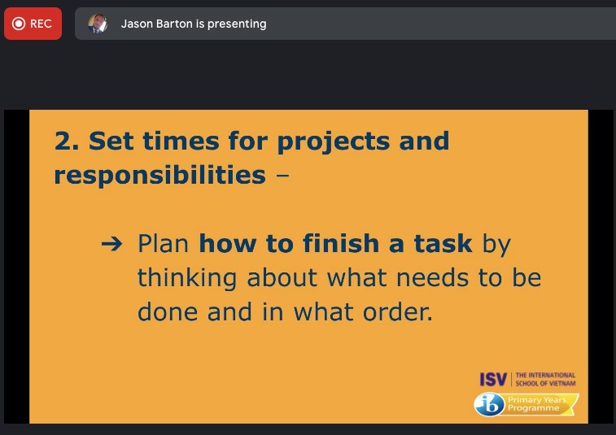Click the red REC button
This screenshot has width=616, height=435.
33,24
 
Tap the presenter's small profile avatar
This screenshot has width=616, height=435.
98,24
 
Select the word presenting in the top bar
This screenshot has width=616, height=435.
237,24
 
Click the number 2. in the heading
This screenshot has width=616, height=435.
67,141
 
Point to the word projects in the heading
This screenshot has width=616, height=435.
334,142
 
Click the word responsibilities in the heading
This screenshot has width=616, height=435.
159,176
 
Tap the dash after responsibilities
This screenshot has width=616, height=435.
282,176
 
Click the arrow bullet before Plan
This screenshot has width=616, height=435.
112,244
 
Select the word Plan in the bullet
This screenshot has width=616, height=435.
163,243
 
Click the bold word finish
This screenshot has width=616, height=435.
341,243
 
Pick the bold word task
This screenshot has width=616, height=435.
443,243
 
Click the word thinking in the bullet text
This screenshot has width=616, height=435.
187,279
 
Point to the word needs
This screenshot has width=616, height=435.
433,278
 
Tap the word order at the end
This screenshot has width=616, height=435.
397,312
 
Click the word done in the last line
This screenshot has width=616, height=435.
168,312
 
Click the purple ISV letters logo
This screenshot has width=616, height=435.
493,379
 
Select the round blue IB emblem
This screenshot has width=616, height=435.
489,404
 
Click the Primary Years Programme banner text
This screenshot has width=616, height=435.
536,403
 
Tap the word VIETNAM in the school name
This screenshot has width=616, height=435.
561,383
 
